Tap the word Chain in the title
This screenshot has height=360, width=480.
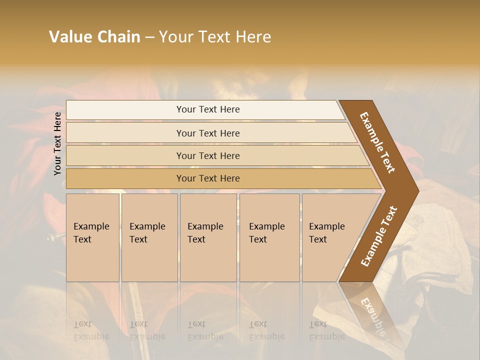tap(119, 37)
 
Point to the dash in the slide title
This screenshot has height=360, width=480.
tap(149, 37)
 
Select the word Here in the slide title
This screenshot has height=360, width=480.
tap(253, 37)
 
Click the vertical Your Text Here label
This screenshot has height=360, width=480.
tap(57, 143)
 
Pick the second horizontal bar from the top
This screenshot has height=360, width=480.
tap(208, 133)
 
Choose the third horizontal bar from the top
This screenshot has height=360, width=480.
tap(208, 155)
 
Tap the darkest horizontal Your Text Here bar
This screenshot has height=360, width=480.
tap(208, 178)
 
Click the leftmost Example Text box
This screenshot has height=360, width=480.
tap(92, 237)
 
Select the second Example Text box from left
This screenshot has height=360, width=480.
tap(149, 237)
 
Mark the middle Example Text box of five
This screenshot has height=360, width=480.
tap(208, 237)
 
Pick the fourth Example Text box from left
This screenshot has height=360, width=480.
tap(269, 237)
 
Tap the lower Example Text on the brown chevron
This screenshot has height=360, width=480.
tap(379, 236)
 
